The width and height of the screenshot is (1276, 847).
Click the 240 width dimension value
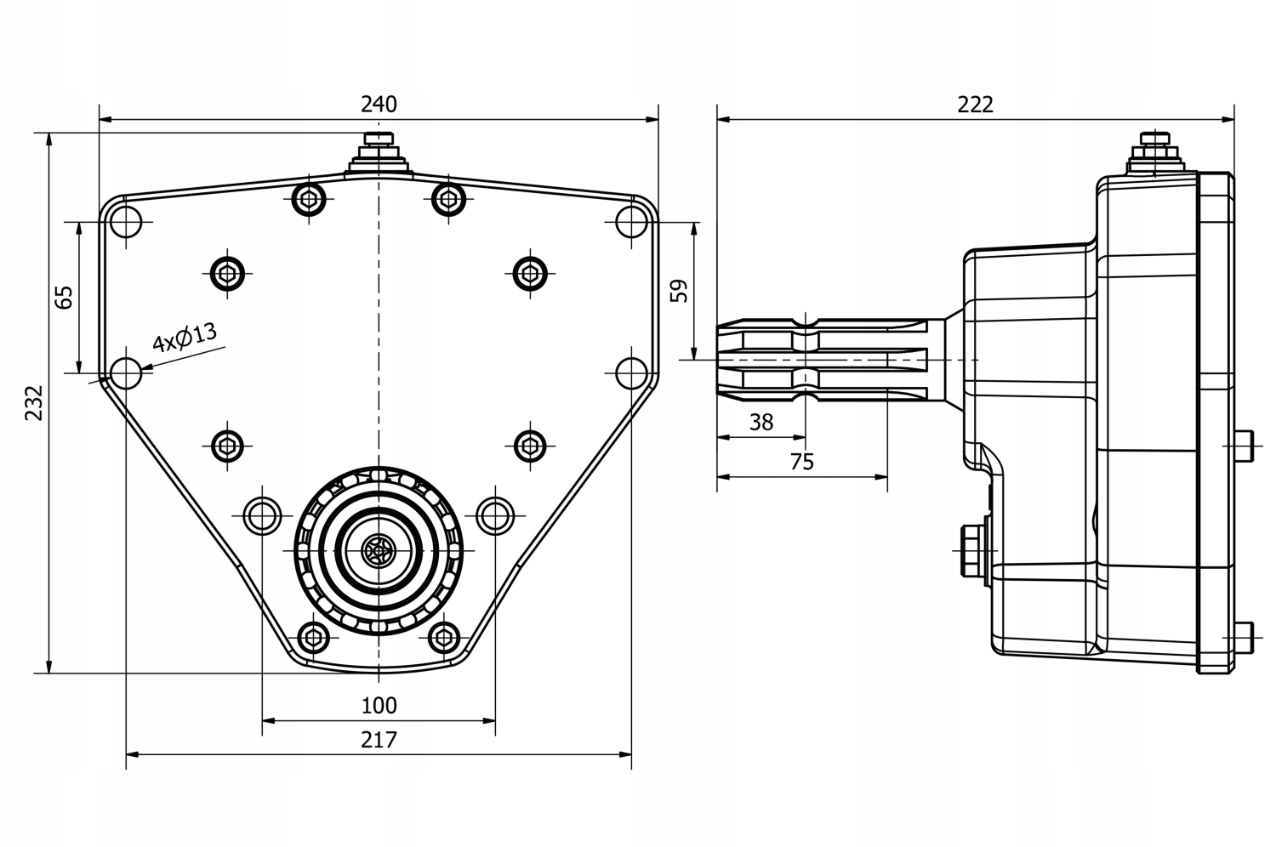point(379,105)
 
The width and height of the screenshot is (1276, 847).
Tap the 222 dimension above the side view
point(975,105)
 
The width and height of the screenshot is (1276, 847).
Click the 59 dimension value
point(679,291)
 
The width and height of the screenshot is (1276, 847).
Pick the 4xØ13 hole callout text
point(185,338)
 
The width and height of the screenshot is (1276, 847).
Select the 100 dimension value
point(379,706)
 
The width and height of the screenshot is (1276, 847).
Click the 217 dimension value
point(379,740)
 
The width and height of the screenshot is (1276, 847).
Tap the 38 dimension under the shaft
point(761,422)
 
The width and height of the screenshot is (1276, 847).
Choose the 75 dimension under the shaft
point(801,462)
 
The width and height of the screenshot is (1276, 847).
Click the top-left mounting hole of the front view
point(126,222)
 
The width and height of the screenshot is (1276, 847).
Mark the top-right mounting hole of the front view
point(631,222)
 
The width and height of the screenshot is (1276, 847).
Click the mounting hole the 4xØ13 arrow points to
point(126,372)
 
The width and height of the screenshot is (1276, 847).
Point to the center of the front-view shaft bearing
point(378,551)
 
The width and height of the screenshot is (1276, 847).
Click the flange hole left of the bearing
point(262,514)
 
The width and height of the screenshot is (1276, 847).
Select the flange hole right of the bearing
point(495,514)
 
